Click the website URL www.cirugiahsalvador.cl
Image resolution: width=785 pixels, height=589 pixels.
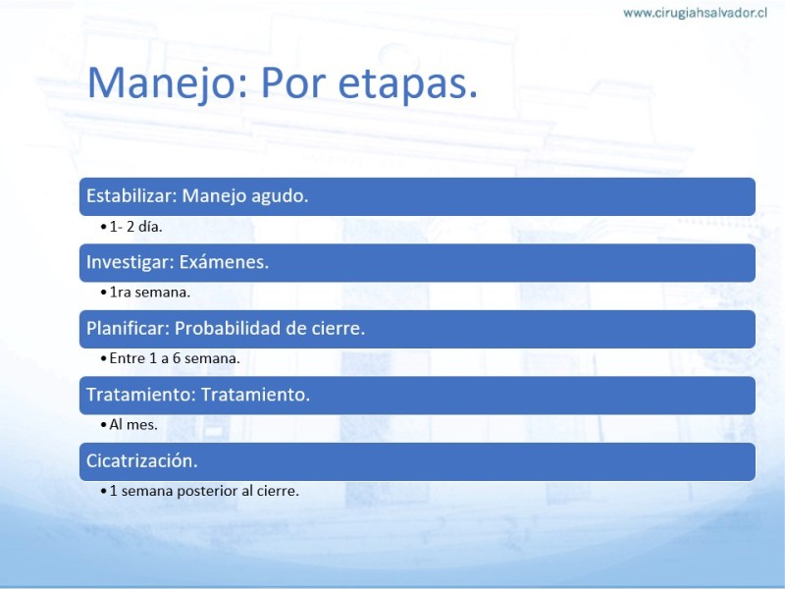[695, 13]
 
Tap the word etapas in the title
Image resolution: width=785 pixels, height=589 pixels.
[407, 82]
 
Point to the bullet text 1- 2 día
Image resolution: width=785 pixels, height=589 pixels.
[135, 227]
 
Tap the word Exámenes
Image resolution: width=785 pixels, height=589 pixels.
[224, 262]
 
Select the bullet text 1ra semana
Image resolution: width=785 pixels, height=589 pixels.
[150, 292]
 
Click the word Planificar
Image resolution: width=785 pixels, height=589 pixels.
[128, 328]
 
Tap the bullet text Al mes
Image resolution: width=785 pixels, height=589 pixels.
[133, 425]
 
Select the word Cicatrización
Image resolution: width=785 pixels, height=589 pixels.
[142, 460]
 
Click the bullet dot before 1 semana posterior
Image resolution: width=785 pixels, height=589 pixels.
[104, 492]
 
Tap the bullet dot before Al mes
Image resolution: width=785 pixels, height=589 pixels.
[104, 425]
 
